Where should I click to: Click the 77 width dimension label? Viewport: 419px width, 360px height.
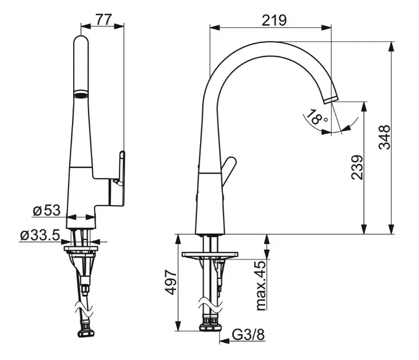click(x=103, y=19)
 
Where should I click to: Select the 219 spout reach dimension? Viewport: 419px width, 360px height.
click(x=274, y=21)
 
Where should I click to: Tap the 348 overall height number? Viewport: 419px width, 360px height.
click(x=385, y=137)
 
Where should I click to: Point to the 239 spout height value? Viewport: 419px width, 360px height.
click(x=357, y=167)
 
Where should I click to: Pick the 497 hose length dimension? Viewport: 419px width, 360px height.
click(x=170, y=282)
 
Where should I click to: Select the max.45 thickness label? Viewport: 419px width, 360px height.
click(x=261, y=285)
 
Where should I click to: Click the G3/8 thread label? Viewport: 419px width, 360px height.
click(x=248, y=334)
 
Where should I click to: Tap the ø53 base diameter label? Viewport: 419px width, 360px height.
click(x=46, y=210)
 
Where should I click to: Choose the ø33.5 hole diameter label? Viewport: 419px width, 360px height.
click(x=40, y=235)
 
